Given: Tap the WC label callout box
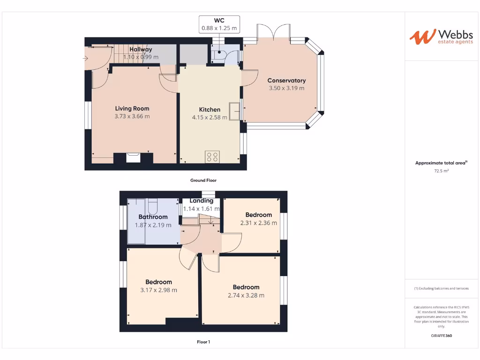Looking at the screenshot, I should pyautogui.click(x=219, y=24).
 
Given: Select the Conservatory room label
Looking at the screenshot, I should pyautogui.click(x=286, y=81).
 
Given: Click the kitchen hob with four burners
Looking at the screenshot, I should pyautogui.click(x=212, y=157).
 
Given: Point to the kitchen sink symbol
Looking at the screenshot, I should pyautogui.click(x=234, y=111).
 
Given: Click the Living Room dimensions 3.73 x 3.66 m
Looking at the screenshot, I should pyautogui.click(x=132, y=116).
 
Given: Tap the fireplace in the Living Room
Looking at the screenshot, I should pyautogui.click(x=133, y=157).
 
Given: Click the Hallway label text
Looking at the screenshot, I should pyautogui.click(x=141, y=49).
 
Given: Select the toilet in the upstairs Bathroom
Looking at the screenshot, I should pyautogui.click(x=153, y=206).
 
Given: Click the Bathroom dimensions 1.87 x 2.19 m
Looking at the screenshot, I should pyautogui.click(x=153, y=225).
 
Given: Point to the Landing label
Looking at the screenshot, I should pyautogui.click(x=202, y=201).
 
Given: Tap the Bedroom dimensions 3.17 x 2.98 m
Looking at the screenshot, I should pyautogui.click(x=158, y=290).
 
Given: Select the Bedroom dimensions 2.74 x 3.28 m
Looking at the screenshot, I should pyautogui.click(x=246, y=295).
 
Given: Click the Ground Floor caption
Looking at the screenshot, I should pyautogui.click(x=203, y=180).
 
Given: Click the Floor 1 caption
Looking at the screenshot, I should pyautogui.click(x=203, y=342).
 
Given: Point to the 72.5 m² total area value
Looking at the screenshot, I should pyautogui.click(x=441, y=172).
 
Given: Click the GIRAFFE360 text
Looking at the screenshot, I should pyautogui.click(x=441, y=336).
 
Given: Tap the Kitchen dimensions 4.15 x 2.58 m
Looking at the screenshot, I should pyautogui.click(x=210, y=117).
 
